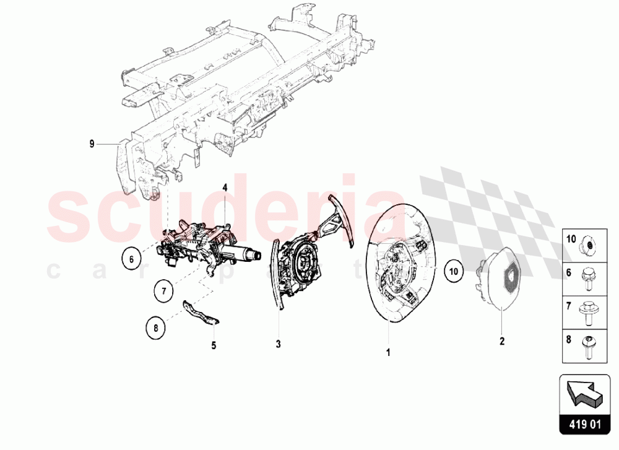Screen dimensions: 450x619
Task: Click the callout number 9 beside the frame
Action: coord(92,144)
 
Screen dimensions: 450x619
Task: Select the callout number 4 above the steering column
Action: coord(225,187)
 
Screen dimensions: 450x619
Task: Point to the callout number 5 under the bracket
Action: coord(214,345)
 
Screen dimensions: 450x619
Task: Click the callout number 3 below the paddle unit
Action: coord(279,342)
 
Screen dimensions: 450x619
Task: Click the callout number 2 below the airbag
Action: coord(502,340)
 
